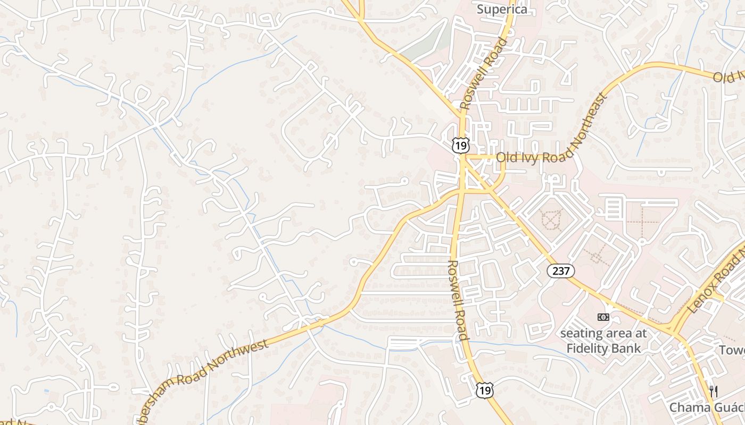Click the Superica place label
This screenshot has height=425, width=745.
[502, 9]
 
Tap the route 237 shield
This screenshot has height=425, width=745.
[561, 271]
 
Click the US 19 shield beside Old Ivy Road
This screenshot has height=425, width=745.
[461, 144]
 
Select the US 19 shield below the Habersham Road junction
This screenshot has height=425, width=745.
[485, 390]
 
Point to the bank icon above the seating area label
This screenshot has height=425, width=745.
[603, 317]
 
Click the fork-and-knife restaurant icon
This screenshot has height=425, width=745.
[714, 392]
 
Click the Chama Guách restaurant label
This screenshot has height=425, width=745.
[707, 407]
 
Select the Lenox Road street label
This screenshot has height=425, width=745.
[718, 282]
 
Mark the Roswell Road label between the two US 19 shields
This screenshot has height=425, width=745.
[458, 300]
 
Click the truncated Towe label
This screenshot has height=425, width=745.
[732, 350]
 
